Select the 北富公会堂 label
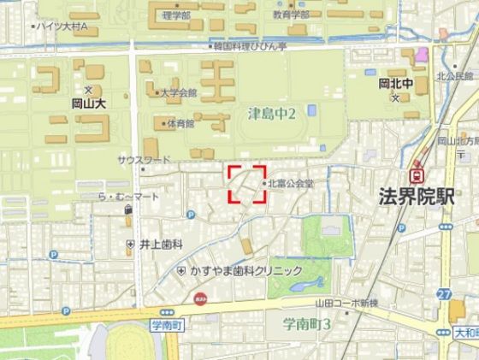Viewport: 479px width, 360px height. (x=291, y=183)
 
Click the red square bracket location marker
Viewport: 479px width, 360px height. (x=247, y=183)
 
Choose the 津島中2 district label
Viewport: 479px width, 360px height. (x=271, y=113)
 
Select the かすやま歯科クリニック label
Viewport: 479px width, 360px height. (x=246, y=270)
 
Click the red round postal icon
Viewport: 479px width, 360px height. (x=199, y=299)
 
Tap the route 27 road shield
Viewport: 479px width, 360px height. (x=444, y=295)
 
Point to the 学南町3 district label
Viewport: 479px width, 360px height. (x=307, y=324)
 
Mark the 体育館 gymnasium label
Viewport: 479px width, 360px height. (x=180, y=123)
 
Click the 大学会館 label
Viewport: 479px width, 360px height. (x=179, y=92)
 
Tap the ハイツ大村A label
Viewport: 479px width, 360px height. (x=63, y=27)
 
